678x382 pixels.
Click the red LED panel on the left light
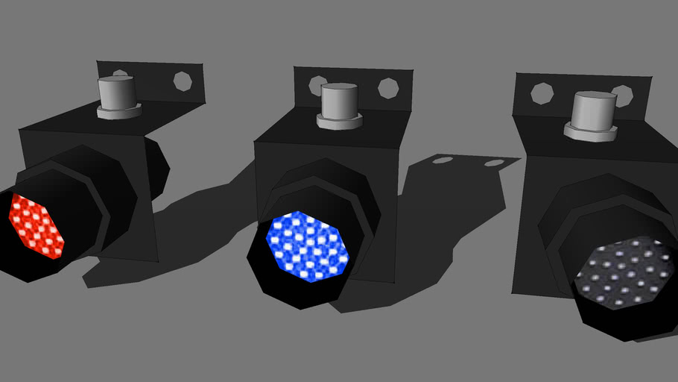tap(36, 225)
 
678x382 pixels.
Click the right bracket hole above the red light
tap(182, 79)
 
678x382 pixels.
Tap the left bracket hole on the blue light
tap(318, 85)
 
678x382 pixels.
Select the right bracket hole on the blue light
tap(388, 88)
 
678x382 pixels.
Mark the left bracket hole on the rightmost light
tap(542, 94)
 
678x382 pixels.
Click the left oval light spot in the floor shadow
tap(442, 160)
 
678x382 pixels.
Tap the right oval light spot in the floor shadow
tap(494, 163)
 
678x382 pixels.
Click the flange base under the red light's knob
tap(118, 112)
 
